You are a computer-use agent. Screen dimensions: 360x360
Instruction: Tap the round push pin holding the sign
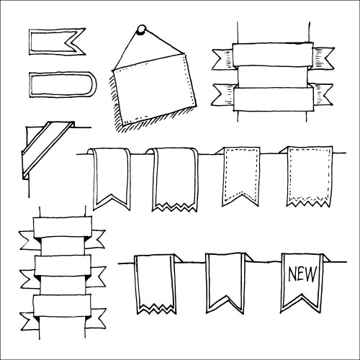142,30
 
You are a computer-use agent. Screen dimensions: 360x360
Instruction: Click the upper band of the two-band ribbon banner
272,55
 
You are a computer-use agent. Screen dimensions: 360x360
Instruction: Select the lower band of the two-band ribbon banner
272,97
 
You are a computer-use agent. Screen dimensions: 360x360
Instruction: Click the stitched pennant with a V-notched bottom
240,176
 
